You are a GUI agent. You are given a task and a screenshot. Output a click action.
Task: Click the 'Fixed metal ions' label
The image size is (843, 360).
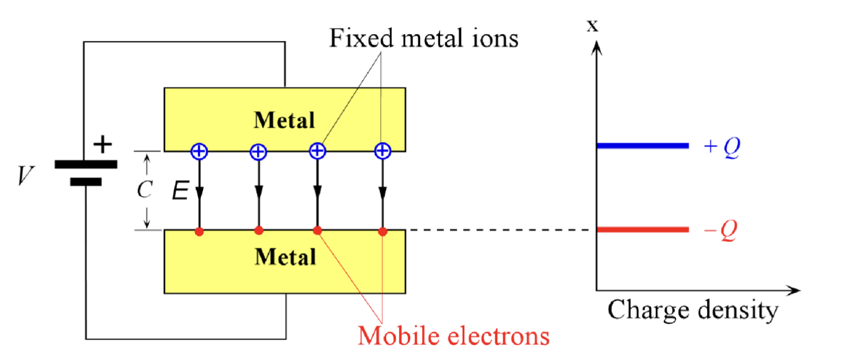423,38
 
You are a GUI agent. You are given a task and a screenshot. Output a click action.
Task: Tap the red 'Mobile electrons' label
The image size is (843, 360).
454,336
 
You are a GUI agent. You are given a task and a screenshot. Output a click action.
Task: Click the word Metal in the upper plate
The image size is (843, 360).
284,120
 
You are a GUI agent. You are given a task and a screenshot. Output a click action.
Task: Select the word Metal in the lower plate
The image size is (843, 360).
284,256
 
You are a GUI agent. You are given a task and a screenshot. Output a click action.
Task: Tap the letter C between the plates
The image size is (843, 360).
144,191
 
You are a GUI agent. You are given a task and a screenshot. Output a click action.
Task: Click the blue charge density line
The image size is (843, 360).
642,146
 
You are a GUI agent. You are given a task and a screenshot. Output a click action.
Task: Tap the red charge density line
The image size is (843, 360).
642,230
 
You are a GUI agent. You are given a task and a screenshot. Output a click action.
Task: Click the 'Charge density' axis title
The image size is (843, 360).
692,310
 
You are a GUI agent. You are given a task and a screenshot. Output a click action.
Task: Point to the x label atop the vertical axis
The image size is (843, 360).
593,25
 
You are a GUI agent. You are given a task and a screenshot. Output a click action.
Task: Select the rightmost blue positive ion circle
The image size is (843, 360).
383,151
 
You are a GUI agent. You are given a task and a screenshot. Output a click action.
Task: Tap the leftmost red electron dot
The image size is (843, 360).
199,232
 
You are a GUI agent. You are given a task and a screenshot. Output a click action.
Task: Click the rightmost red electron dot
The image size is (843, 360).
383,232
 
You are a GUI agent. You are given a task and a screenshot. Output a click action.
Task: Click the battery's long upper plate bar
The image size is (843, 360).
86,164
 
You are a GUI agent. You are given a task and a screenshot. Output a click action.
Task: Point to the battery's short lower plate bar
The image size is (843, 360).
86,182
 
